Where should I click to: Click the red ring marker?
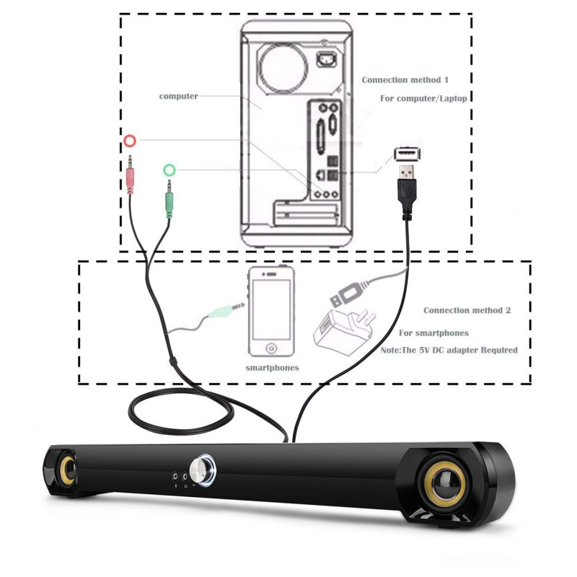130,140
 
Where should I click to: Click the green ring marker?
169,170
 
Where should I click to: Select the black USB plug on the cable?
407,189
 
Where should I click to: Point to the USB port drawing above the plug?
408,154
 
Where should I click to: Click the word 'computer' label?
178,96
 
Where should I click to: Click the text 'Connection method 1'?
405,80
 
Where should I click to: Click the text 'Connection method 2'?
467,310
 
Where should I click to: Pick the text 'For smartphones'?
433,333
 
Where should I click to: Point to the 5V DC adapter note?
458,350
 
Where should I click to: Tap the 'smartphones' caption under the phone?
272,368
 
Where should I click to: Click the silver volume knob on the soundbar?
204,470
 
